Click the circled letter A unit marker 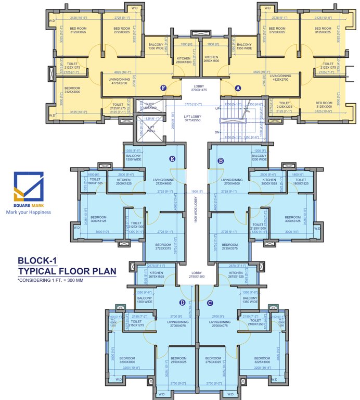[238, 88]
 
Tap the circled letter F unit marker [163, 88]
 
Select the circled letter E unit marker [172, 159]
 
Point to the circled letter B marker [221, 161]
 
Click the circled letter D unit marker [182, 303]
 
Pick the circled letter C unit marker [210, 303]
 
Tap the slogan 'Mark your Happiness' [31, 213]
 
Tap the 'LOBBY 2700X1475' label [200, 89]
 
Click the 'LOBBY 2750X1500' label [197, 274]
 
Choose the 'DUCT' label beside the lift [150, 106]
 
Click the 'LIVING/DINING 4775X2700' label [121, 81]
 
